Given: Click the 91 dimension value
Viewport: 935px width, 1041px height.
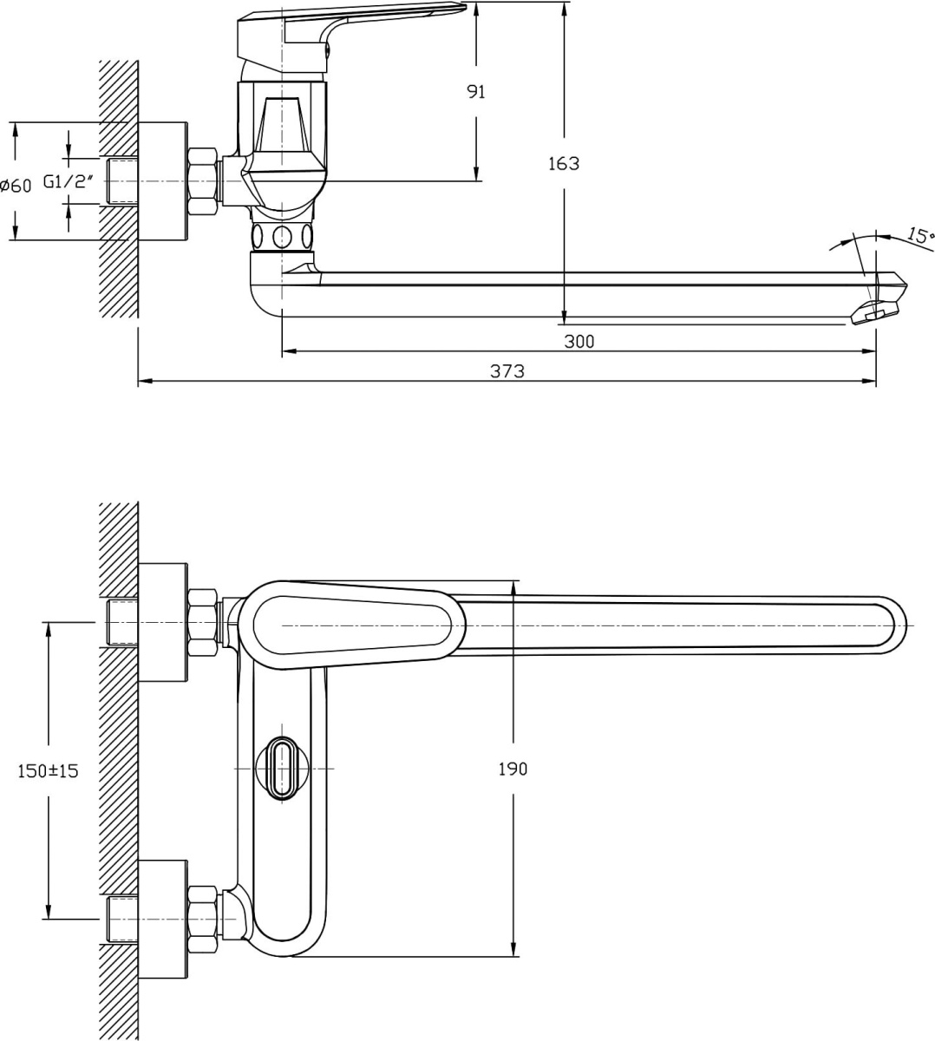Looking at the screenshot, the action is tap(475, 92).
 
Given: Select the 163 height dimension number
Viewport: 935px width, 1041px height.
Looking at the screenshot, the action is tap(564, 164).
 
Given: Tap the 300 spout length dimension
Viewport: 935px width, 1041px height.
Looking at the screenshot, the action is tap(579, 342).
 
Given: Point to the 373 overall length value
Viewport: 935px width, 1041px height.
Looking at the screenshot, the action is tap(507, 371).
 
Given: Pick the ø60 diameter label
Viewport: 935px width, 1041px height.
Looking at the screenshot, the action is tap(16, 186).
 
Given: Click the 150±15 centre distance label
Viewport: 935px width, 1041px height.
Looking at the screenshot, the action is tap(49, 770).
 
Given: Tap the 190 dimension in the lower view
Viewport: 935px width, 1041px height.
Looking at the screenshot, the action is tap(513, 769).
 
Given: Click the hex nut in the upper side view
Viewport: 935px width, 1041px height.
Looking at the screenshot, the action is tap(202, 181).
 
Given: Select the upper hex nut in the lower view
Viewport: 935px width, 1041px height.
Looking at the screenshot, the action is tap(202, 623).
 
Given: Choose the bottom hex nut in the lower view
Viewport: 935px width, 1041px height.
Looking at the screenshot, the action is tap(202, 920).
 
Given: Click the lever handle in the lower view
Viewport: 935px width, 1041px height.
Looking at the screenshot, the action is tap(353, 625).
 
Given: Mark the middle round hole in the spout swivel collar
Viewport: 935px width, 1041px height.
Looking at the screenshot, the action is tap(282, 237).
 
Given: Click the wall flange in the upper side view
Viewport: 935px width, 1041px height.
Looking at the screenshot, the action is tap(162, 181).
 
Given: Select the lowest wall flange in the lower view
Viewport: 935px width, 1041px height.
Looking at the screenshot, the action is tap(162, 920).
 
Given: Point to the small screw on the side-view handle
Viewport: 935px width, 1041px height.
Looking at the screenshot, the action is tap(327, 49).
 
